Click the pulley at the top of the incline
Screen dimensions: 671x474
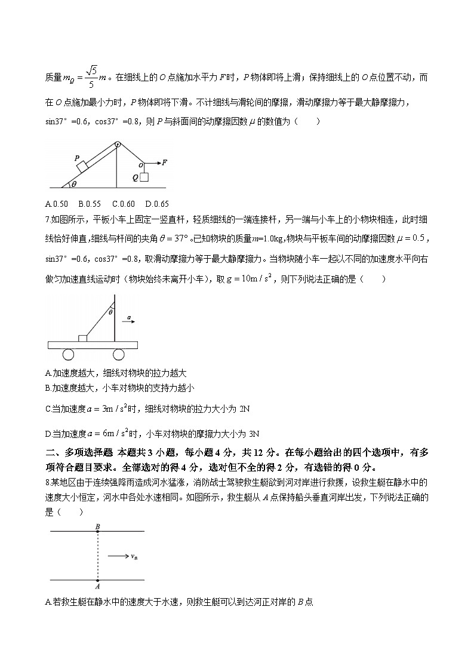point(118,144)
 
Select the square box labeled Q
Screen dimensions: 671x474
point(144,177)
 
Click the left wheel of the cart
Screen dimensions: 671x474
point(68,355)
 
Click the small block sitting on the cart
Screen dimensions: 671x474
point(82,339)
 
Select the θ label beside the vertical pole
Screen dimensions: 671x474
point(110,311)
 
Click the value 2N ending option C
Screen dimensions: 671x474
point(245,409)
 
